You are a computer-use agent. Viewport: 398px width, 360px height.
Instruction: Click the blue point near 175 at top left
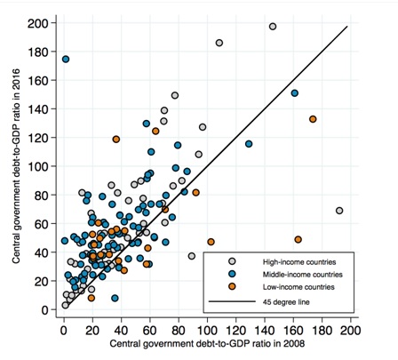pos(66,60)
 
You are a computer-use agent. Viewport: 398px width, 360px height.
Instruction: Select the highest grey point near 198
pos(273,27)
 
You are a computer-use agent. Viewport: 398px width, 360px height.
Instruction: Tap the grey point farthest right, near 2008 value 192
pos(339,211)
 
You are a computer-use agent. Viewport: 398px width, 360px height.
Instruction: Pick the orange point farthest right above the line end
pos(313,119)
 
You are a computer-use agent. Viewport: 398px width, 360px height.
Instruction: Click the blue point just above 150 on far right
pos(294,93)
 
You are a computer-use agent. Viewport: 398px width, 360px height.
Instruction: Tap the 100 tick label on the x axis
pos(207,331)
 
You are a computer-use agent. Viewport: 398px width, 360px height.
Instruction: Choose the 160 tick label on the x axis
pos(293,331)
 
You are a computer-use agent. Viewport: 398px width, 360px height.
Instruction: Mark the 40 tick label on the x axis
pos(121,331)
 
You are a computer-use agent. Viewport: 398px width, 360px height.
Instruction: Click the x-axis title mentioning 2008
pos(206,344)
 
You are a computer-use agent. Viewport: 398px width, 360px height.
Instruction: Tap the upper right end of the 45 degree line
pos(345,27)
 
